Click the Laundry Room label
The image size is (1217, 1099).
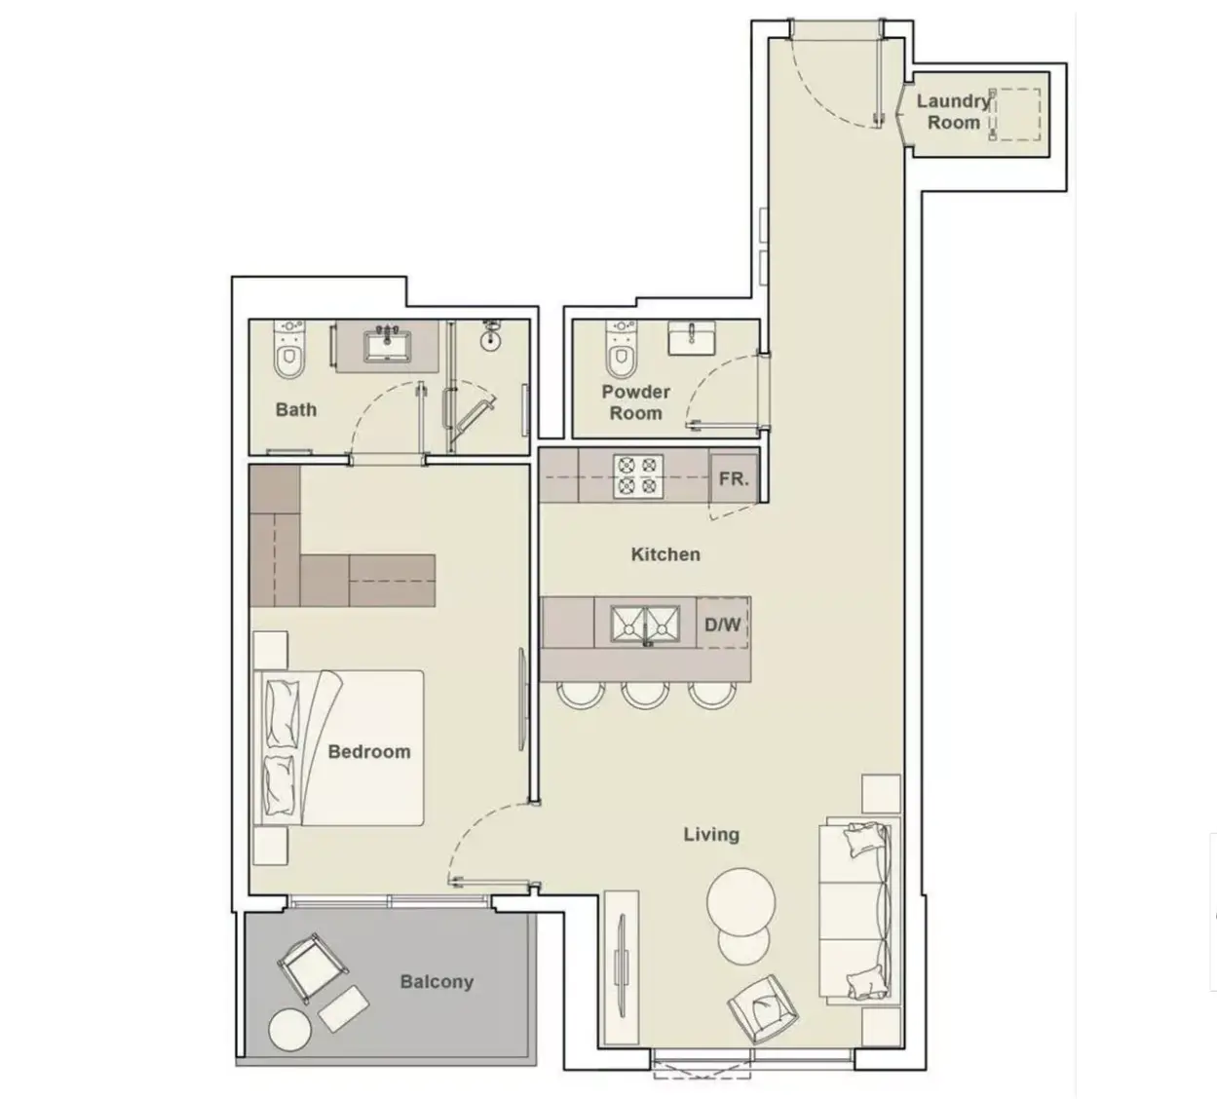(953, 112)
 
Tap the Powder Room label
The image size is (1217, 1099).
(635, 402)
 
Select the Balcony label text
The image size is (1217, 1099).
(437, 981)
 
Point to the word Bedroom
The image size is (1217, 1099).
(369, 752)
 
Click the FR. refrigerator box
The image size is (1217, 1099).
(734, 478)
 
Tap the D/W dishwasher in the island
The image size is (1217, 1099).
(722, 624)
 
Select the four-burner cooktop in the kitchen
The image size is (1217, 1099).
(638, 476)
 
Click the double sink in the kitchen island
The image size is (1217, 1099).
(645, 625)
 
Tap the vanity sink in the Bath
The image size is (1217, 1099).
(388, 346)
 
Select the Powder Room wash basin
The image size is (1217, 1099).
(692, 337)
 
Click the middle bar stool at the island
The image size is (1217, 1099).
(645, 695)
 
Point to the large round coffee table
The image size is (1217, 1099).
(741, 902)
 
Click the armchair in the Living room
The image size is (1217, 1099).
(763, 1009)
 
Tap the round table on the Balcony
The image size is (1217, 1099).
(290, 1030)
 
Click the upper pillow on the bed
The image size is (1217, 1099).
(283, 713)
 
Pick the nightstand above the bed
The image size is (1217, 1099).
(270, 650)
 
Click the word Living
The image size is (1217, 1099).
(711, 835)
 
